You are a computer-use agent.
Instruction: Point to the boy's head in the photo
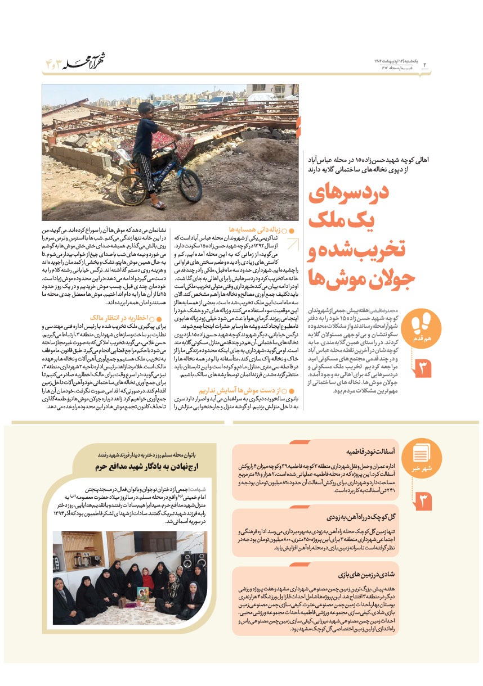tap(145, 110)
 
